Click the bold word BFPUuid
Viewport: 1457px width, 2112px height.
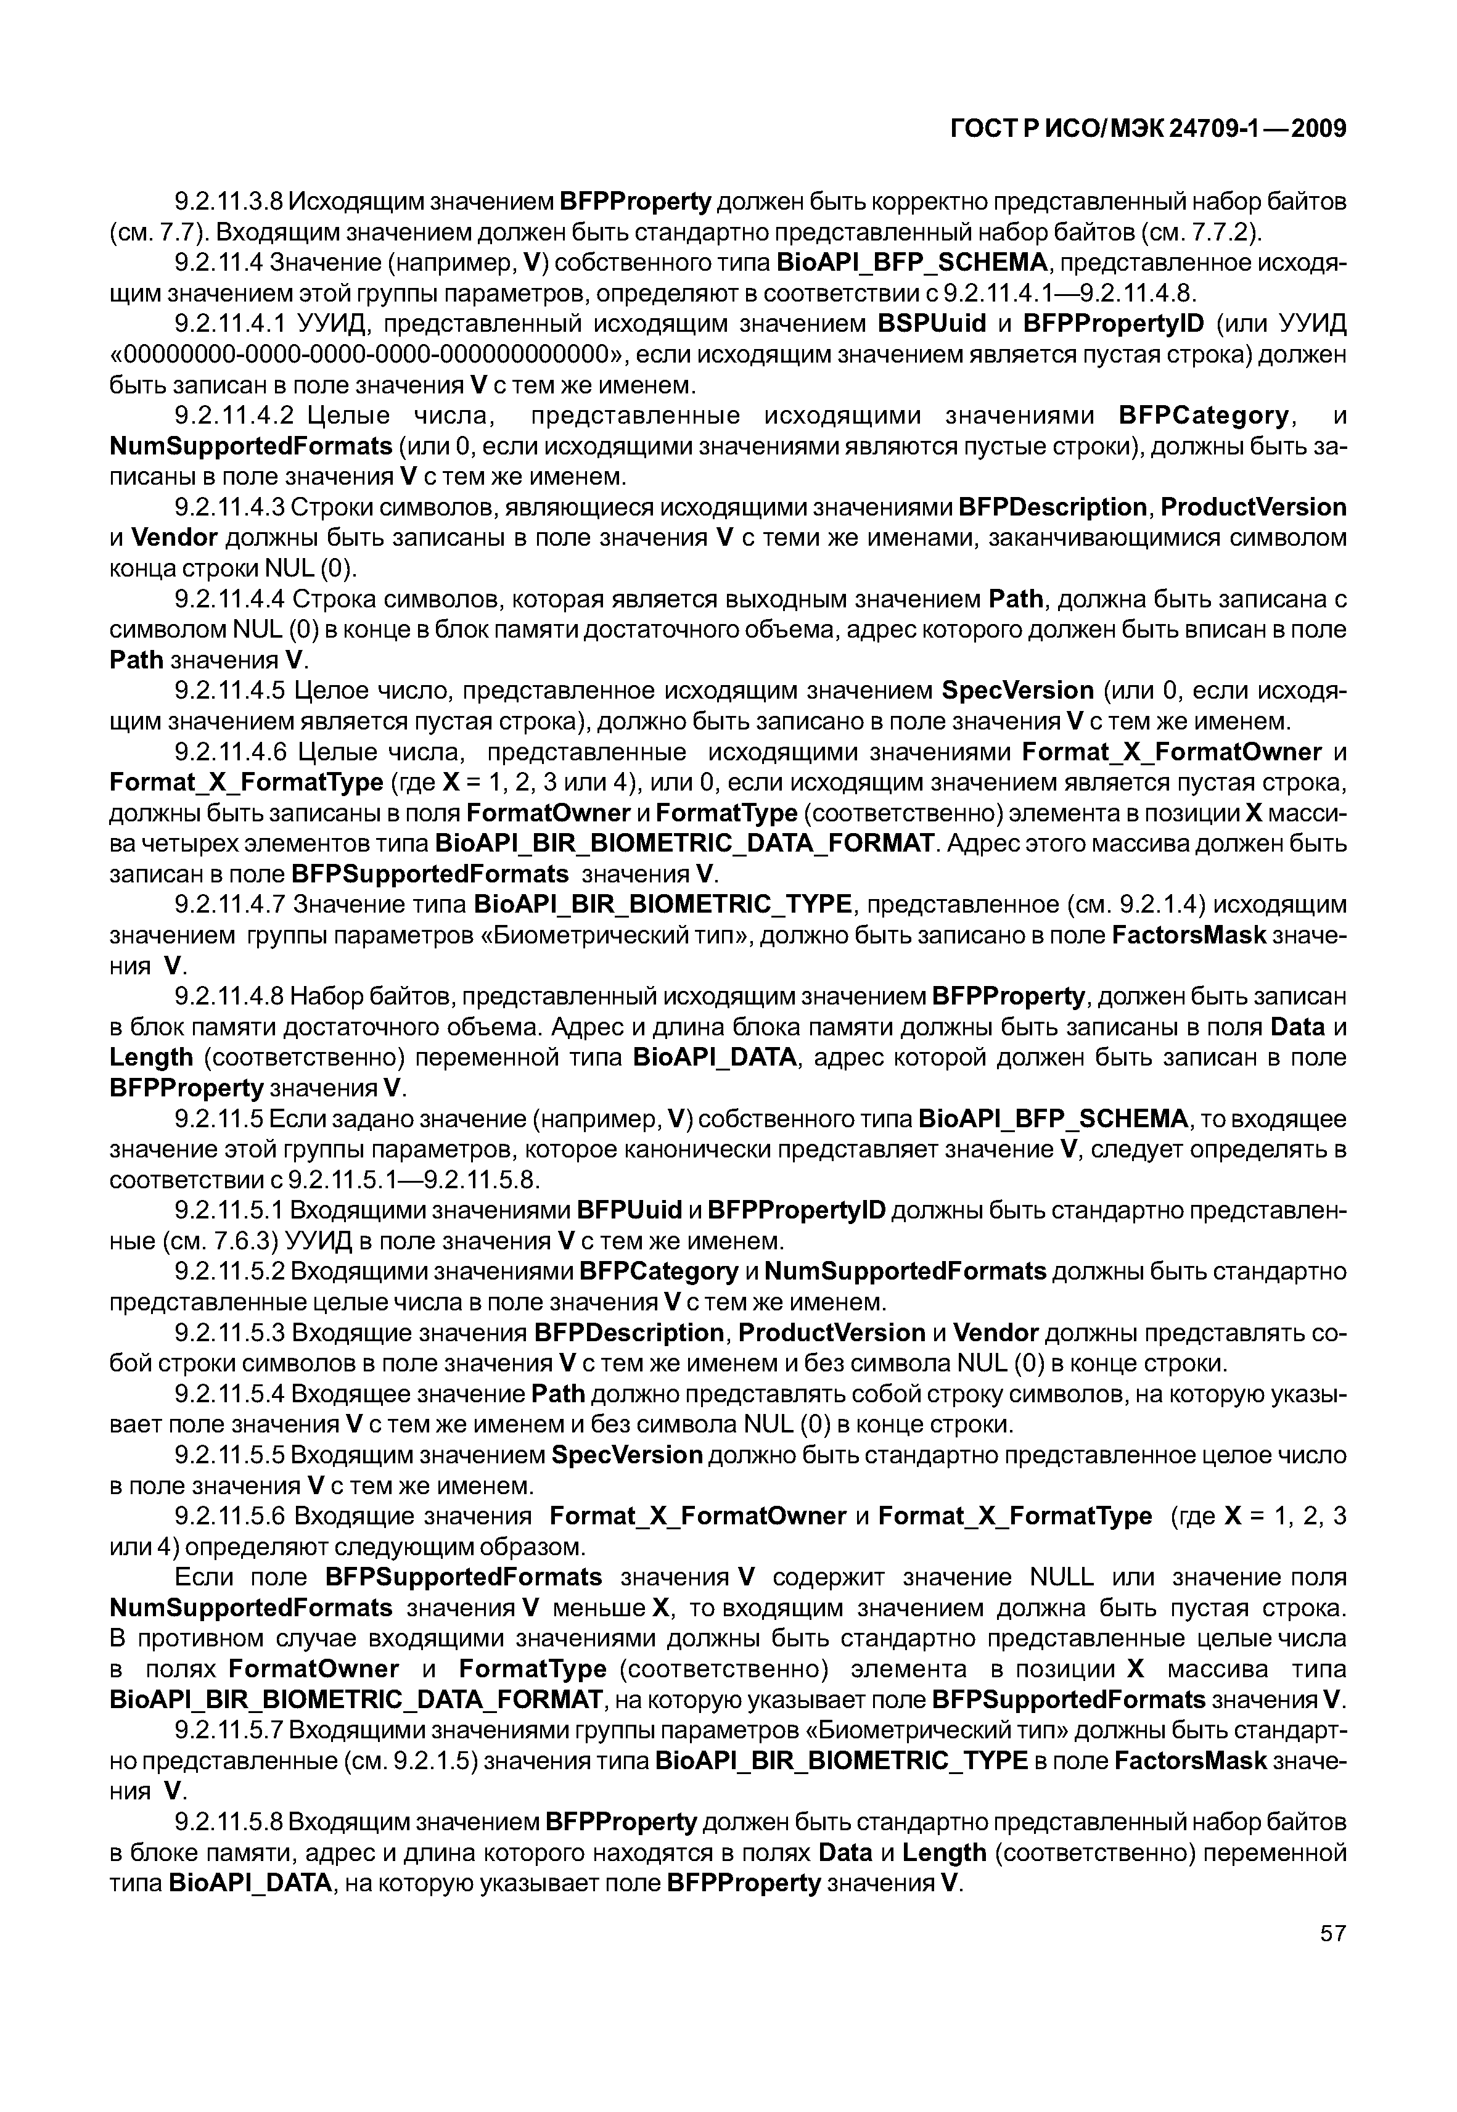coord(631,1211)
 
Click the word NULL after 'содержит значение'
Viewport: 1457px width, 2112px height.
coord(1061,1578)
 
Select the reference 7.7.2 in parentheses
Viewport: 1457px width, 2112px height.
coord(1221,232)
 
